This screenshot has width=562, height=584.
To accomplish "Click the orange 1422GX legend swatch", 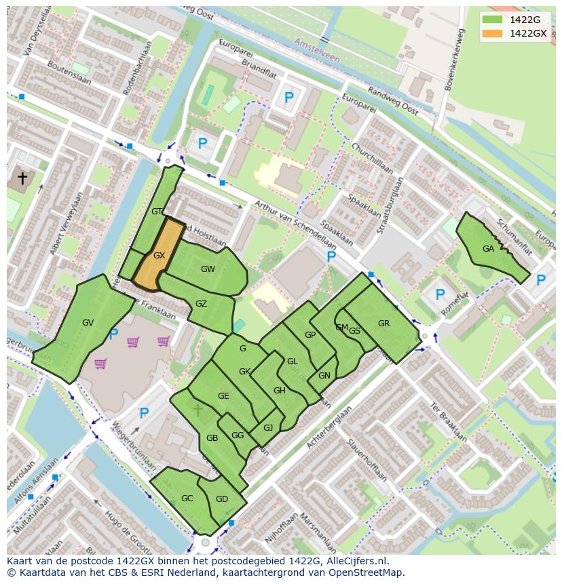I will (x=493, y=33).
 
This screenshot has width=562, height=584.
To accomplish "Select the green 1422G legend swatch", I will (x=493, y=20).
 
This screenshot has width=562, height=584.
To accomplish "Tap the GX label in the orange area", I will (x=160, y=256).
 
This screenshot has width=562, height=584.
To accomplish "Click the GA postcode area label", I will (x=488, y=249).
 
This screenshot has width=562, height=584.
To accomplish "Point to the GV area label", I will (x=88, y=323).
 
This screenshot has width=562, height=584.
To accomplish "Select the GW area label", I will (x=208, y=269).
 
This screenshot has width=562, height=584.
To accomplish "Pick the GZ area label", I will (x=201, y=304).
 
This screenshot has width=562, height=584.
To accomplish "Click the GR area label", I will (x=384, y=324).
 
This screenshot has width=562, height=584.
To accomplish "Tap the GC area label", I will (x=187, y=499).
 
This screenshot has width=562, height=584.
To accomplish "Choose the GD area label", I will (x=222, y=499).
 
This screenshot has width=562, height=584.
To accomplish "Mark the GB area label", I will (x=212, y=438).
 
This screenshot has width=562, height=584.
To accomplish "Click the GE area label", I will (x=223, y=396).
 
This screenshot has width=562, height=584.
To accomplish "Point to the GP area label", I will (x=310, y=335).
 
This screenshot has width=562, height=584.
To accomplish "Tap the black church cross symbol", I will (x=22, y=178).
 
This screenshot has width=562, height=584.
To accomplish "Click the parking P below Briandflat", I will (x=289, y=98).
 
